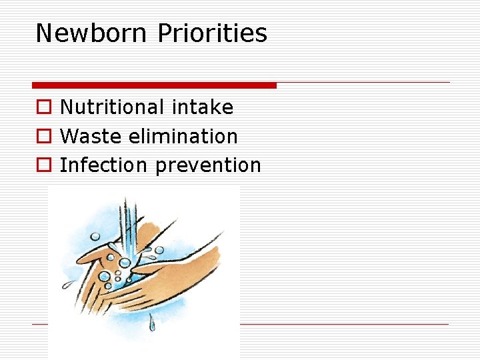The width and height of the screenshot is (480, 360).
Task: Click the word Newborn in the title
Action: [91, 33]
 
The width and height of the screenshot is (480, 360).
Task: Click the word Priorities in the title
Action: [211, 33]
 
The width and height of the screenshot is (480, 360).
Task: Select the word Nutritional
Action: [112, 107]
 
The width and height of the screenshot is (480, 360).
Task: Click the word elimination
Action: [183, 136]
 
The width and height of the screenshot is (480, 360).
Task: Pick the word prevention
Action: [207, 165]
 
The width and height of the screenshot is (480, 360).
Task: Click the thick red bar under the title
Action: [154, 85]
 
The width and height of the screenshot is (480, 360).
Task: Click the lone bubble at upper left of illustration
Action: [95, 236]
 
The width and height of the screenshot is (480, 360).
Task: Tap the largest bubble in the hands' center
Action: [104, 276]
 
